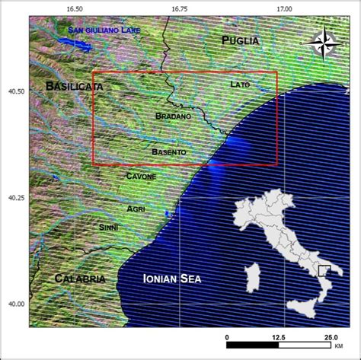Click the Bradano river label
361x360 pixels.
[173, 116]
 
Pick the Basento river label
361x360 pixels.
[168, 152]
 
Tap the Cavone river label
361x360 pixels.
[140, 177]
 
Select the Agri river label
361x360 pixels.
[136, 209]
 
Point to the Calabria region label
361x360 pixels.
[80, 279]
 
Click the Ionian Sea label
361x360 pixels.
[172, 280]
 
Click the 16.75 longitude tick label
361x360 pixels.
[179, 8]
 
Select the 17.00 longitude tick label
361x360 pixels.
[283, 8]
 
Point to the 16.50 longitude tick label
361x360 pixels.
[75, 8]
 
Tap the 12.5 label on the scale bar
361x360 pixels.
[278, 336]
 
